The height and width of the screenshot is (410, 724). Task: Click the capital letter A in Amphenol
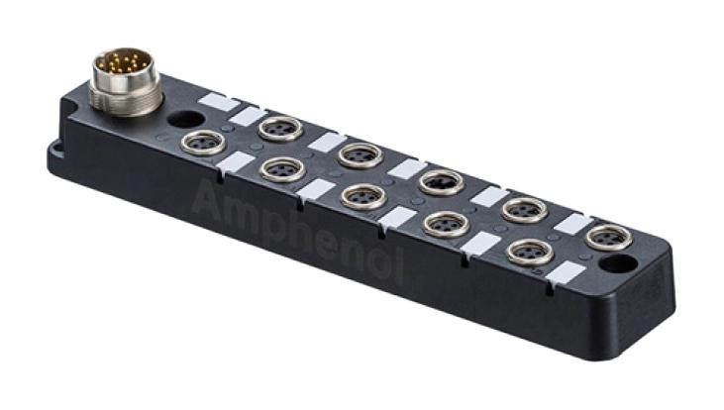point(207,204)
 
